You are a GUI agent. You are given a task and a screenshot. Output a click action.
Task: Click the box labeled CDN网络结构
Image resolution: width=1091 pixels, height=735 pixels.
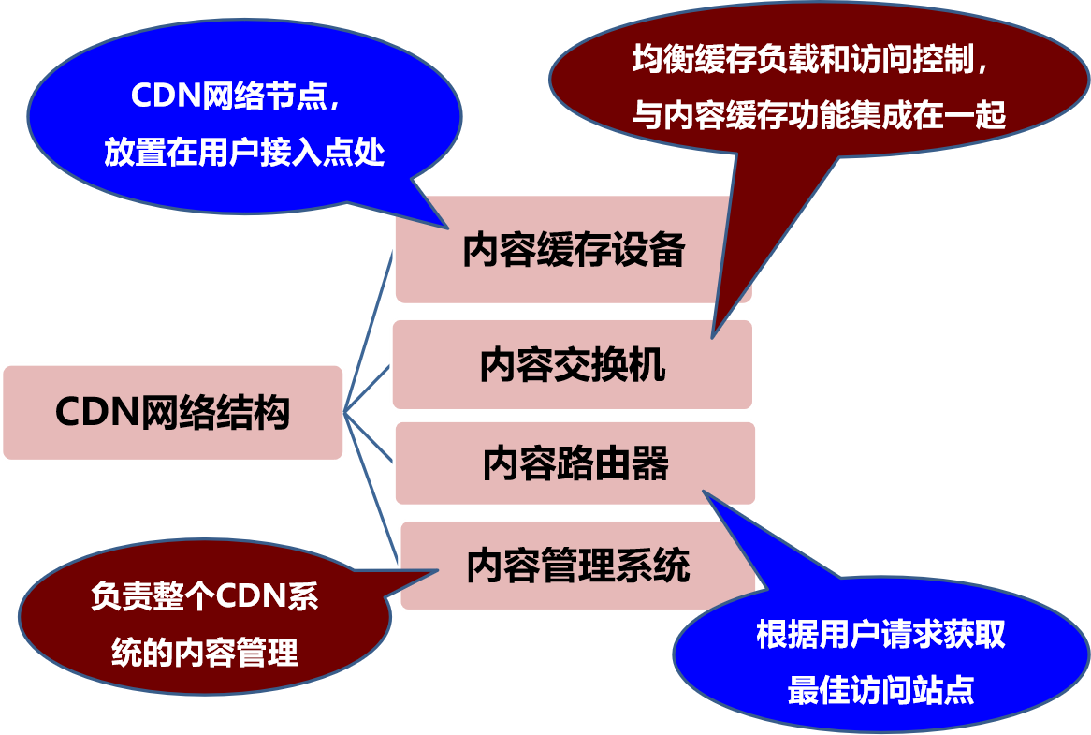tap(172, 412)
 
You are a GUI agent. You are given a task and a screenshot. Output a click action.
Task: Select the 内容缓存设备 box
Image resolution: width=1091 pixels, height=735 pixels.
tap(573, 250)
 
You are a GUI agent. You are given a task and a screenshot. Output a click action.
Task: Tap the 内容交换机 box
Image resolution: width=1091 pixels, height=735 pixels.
tap(572, 365)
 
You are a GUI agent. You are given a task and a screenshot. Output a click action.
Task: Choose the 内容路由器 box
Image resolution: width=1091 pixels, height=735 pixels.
tap(575, 463)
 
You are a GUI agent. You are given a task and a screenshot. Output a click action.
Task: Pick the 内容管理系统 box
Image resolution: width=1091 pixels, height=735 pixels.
tap(577, 566)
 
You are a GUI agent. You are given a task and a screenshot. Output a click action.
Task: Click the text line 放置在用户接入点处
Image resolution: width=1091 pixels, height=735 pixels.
tap(244, 153)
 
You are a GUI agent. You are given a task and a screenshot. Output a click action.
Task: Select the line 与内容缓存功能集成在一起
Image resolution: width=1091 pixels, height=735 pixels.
tap(819, 115)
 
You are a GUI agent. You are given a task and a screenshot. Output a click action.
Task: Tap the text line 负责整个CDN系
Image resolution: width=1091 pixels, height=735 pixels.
tap(204, 596)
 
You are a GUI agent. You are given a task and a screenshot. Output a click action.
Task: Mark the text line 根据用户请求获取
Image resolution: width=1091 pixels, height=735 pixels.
tap(880, 636)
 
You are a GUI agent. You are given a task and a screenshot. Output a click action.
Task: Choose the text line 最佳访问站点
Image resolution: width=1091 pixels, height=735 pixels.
tap(880, 691)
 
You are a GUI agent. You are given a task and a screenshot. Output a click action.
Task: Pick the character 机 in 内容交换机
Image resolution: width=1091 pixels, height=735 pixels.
tap(647, 365)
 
